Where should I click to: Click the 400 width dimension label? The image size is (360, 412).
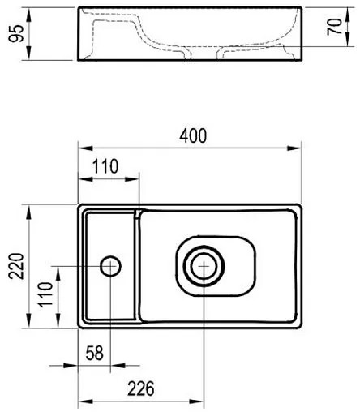[193, 136]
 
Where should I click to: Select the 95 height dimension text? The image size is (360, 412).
[16, 33]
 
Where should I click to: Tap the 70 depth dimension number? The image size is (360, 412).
[334, 27]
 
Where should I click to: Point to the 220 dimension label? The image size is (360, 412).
[16, 266]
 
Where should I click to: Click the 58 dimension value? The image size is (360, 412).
[95, 353]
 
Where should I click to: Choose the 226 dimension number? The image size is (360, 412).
[141, 388]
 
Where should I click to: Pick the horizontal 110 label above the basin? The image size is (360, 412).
[105, 166]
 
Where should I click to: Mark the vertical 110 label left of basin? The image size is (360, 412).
[45, 294]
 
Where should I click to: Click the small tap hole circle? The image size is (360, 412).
[110, 266]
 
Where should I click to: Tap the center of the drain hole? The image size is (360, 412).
[204, 266]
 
